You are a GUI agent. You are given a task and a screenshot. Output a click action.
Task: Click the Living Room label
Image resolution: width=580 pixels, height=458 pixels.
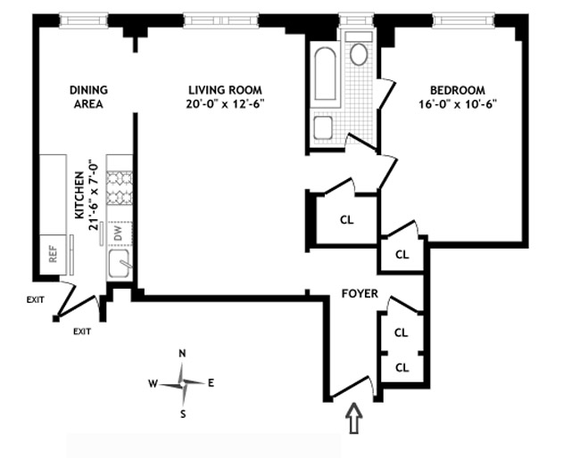pos(226,89)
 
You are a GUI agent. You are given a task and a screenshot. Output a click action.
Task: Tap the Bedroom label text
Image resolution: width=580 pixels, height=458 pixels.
pos(458,89)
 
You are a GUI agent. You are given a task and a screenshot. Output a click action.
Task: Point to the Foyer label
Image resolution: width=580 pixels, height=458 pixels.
pos(359,293)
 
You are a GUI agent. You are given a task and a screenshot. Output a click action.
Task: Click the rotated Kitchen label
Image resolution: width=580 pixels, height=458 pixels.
pos(79,196)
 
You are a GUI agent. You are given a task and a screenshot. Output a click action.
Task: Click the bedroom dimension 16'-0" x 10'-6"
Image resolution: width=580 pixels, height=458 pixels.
pos(458,103)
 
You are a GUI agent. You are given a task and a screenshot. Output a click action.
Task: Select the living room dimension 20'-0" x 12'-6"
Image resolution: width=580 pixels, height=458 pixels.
pos(226,103)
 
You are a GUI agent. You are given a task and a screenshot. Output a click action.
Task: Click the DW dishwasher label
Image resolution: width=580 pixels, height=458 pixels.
pos(118,233)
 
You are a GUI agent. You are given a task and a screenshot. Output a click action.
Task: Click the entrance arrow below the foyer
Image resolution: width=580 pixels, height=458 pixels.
pos(353,419)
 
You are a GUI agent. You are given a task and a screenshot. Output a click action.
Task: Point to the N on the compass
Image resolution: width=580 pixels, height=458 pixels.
pos(182,354)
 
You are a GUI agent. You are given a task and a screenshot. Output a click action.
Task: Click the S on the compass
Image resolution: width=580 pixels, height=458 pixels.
pos(183,413)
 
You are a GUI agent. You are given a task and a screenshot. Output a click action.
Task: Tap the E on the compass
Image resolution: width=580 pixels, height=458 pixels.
pos(211,383)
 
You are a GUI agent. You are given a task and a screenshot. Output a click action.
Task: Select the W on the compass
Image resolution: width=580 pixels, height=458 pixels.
pos(153,384)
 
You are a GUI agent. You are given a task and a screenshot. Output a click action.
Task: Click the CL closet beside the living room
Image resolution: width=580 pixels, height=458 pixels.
pos(345,219)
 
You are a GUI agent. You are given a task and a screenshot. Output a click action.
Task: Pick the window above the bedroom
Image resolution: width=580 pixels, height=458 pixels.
pos(464,18)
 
